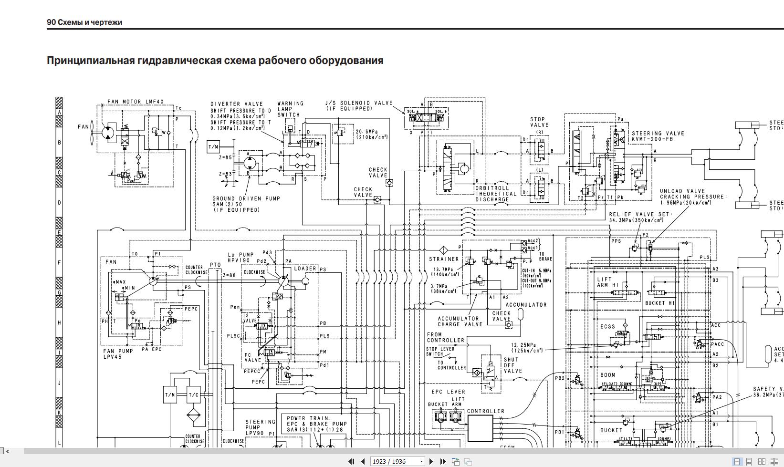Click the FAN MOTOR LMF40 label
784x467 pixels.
click(135, 102)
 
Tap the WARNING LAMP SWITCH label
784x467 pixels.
click(290, 109)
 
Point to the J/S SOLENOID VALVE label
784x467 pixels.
click(359, 105)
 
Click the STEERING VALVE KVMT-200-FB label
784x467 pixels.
click(658, 136)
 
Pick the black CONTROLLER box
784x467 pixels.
click(480, 428)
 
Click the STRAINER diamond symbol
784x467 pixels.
click(443, 250)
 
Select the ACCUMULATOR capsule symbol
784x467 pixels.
click(521, 314)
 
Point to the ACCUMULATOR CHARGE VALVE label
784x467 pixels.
click(460, 321)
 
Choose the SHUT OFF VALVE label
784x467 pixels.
click(512, 365)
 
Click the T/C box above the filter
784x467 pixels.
click(193, 395)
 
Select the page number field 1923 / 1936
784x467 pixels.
click(395, 461)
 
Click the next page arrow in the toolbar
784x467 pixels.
click(431, 461)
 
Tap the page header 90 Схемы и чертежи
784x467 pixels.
click(84, 22)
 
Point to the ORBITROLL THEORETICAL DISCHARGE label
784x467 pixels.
click(496, 194)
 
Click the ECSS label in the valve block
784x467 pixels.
click(607, 327)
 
